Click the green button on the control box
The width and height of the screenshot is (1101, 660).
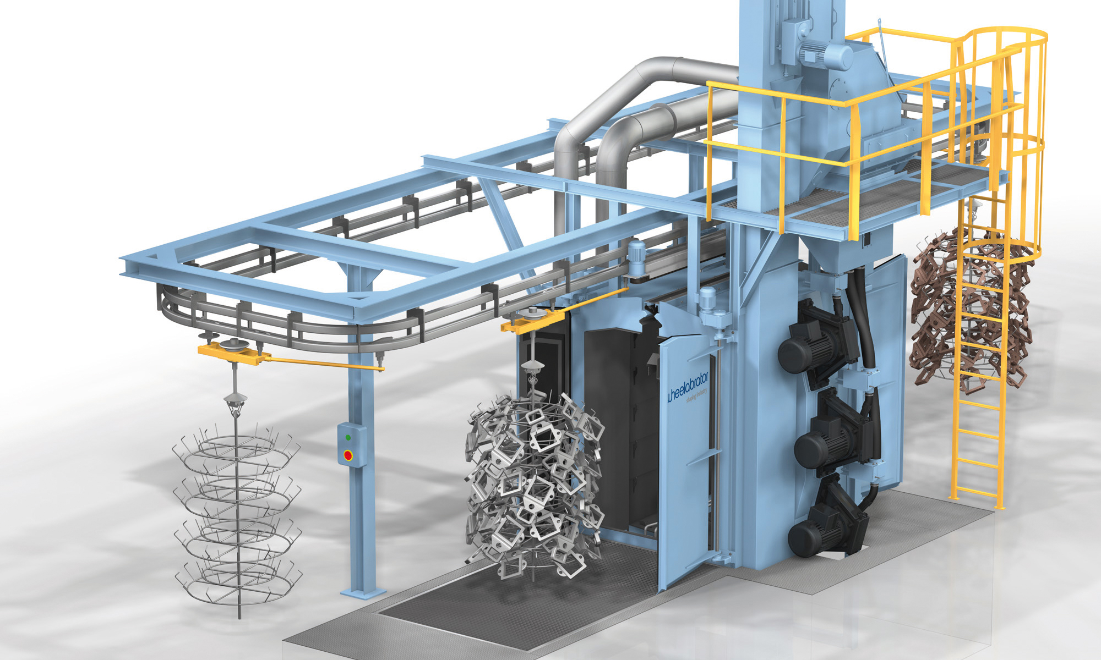348,438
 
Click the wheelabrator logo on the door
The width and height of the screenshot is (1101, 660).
688,388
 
